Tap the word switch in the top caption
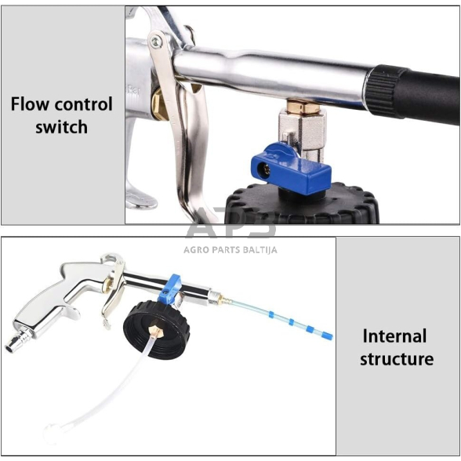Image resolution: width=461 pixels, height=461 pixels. point(61,127)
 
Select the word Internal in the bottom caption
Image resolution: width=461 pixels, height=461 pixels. point(394,336)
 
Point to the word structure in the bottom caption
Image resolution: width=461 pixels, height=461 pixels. point(397,359)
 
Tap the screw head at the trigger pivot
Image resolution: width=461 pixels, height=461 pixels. point(156,42)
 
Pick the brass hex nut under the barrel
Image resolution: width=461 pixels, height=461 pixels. point(303,107)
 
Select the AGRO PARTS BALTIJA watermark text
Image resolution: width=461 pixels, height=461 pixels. point(230,250)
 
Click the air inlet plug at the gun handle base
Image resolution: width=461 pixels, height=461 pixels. point(17,339)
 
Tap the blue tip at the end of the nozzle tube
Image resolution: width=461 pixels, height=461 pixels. point(327,336)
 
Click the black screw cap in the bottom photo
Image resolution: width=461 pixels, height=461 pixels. point(157,330)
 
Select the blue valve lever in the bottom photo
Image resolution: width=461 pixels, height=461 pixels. point(170,289)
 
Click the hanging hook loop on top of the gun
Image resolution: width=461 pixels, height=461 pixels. point(112,258)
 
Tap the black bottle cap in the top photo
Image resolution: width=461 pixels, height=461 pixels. point(301,204)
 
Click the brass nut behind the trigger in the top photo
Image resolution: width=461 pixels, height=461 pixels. point(160,105)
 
